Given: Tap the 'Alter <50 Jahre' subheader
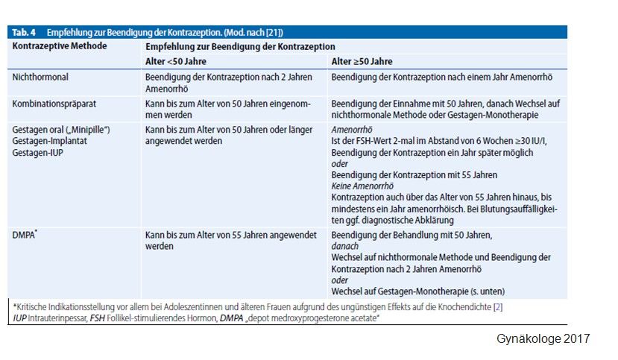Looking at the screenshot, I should point(177,61).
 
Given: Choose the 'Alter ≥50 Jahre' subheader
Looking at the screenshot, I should point(362,61).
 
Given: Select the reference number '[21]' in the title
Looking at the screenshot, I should point(275,33).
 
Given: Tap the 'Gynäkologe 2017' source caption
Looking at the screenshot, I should point(543,339).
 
